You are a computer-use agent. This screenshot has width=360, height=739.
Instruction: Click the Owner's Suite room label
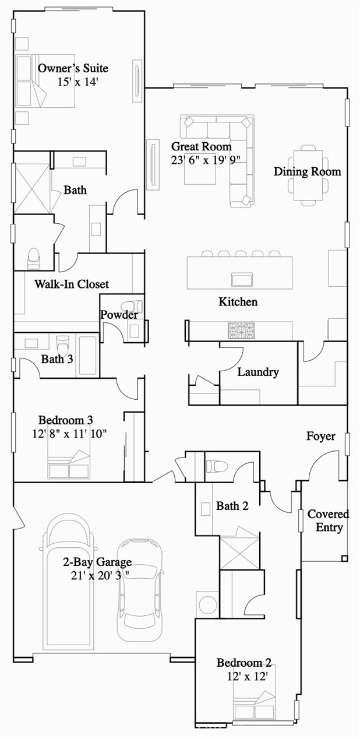point(73,68)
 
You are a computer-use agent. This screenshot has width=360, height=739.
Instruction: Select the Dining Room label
point(307,171)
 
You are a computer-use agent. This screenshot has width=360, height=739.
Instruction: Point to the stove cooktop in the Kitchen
point(241,330)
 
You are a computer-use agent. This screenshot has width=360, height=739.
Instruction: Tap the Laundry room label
point(257,372)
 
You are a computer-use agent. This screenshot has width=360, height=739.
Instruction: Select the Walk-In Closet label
point(71,284)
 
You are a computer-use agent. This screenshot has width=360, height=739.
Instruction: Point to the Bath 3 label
point(57,359)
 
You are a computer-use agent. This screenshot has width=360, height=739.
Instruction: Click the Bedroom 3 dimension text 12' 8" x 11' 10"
point(70,433)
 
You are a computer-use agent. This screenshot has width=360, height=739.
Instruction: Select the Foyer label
point(321,436)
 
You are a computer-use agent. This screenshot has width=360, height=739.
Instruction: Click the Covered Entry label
point(328,521)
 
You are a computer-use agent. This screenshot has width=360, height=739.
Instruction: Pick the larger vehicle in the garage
point(69,577)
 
